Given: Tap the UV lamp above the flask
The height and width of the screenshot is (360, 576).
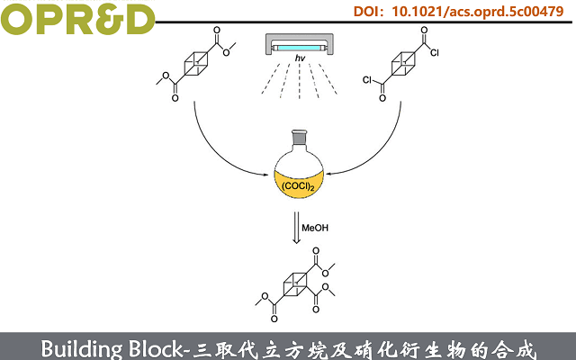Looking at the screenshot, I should [x=301, y=44].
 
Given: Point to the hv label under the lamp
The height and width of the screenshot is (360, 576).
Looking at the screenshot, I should [x=301, y=58].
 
